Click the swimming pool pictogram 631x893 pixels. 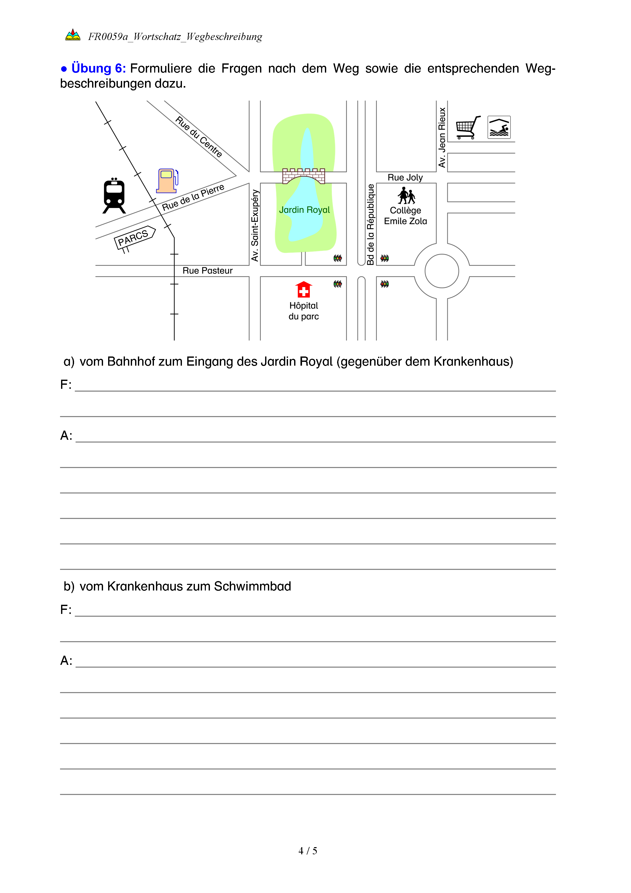(x=499, y=127)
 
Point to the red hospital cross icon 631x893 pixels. (x=304, y=290)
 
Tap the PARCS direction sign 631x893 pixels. (x=134, y=237)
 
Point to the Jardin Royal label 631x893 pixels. (x=304, y=210)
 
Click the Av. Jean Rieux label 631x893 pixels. (x=442, y=137)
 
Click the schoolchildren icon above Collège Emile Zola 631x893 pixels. (x=406, y=196)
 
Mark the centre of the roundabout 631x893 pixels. (x=442, y=271)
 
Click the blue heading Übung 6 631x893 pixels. (x=98, y=68)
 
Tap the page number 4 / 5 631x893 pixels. (x=307, y=851)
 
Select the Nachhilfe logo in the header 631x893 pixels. (x=73, y=35)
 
